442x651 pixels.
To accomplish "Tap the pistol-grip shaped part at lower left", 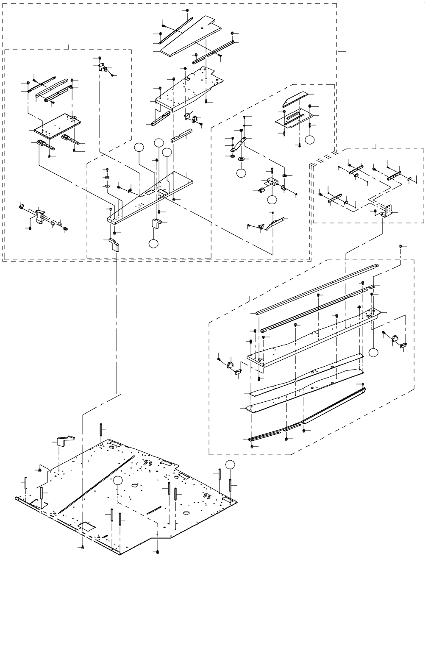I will point(41,216).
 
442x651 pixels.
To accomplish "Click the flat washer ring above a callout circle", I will point(241,159).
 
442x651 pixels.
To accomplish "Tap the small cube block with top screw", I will point(272,182).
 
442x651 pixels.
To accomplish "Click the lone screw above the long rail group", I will point(401,246).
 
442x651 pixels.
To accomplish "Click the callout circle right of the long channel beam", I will point(373,353).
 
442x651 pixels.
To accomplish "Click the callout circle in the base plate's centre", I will point(118,480).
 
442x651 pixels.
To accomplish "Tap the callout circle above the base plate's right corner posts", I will point(230,464).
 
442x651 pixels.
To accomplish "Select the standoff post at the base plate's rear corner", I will point(101,429).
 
